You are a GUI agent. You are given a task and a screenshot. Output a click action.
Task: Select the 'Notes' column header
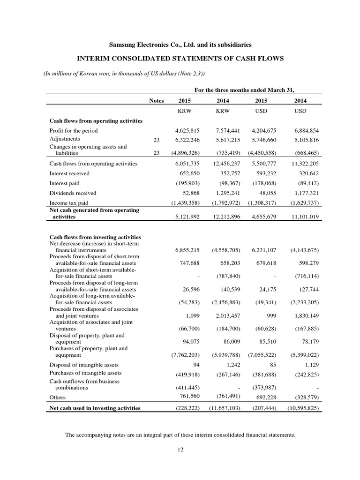coord(157,100)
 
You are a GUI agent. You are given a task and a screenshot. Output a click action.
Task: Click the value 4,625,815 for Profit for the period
coord(188,130)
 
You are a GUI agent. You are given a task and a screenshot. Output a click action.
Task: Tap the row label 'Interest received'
coord(69,173)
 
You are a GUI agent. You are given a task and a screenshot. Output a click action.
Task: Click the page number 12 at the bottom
coord(180,450)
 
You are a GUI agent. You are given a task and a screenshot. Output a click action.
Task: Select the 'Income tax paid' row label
coord(69,203)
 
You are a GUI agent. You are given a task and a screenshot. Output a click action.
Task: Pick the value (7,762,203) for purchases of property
coord(185,355)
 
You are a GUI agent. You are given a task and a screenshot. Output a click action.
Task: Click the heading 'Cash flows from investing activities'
coord(95,237)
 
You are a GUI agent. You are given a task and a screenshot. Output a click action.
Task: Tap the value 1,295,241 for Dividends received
coord(226,193)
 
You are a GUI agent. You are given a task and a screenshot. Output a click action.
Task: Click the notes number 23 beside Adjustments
coord(157,139)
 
